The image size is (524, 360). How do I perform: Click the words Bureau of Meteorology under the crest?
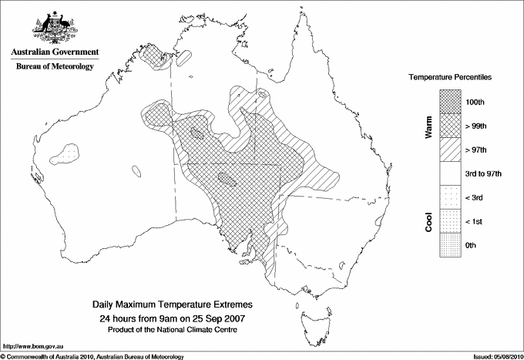[x=54, y=67]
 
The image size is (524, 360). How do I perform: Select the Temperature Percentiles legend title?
[x=450, y=79]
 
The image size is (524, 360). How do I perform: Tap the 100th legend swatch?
[x=451, y=101]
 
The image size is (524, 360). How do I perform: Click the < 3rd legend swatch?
[x=451, y=197]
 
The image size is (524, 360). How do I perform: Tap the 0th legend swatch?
[x=451, y=245]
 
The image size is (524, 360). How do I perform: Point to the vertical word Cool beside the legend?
[x=429, y=221]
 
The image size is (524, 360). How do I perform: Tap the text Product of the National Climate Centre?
[x=166, y=329]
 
